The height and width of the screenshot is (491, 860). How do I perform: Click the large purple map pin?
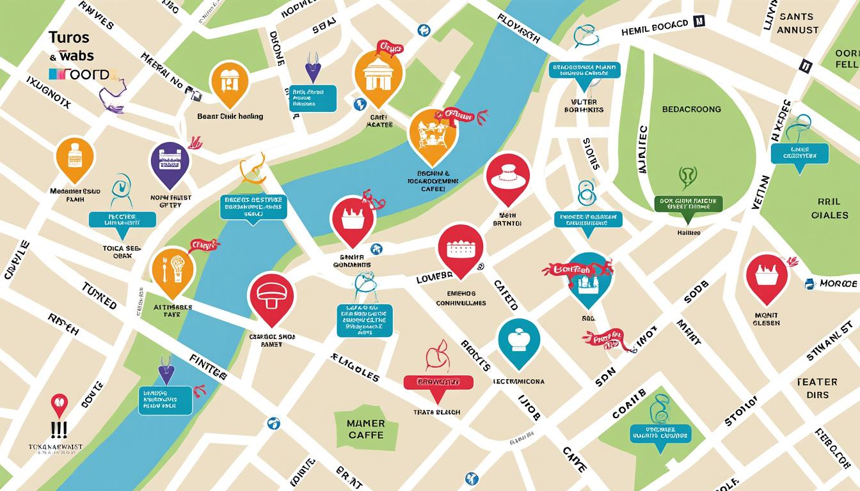tap(170, 163)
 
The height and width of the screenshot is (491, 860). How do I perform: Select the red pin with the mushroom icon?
tap(271, 296)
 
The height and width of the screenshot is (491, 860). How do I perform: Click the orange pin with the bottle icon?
tap(75, 157)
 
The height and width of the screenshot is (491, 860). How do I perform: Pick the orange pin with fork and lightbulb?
tap(172, 270)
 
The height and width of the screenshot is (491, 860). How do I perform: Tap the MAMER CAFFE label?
tap(366, 429)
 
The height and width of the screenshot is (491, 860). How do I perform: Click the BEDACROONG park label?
tap(690, 109)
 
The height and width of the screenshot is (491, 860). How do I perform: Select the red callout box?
tap(438, 382)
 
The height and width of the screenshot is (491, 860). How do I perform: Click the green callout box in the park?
tap(689, 204)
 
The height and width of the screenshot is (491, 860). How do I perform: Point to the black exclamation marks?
tap(59, 429)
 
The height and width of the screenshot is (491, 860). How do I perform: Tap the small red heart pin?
tap(59, 403)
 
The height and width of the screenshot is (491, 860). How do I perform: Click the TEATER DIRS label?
tap(817, 388)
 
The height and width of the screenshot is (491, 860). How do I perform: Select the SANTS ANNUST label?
tap(797, 24)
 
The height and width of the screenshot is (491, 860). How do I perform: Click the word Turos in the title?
tap(68, 38)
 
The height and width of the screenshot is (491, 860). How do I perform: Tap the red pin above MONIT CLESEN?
tap(767, 276)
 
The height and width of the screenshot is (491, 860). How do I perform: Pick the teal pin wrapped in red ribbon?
tap(589, 278)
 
